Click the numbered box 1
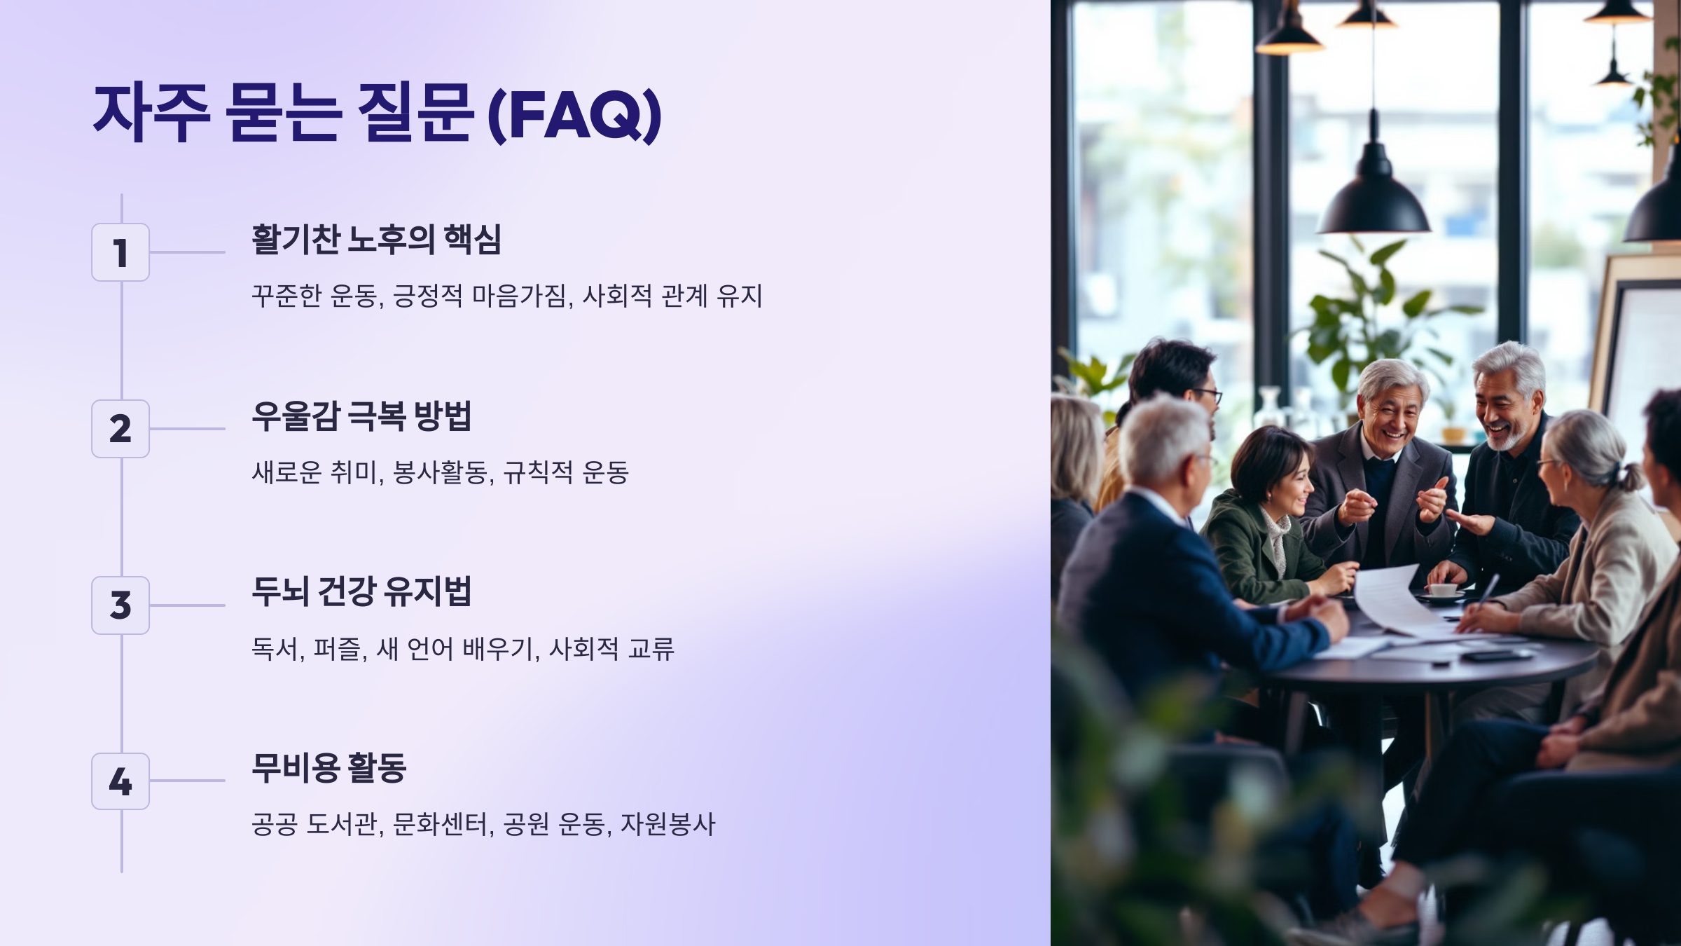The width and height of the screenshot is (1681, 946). [x=120, y=252]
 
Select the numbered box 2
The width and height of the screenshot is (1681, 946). [x=120, y=429]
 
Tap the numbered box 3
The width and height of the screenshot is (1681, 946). [x=120, y=605]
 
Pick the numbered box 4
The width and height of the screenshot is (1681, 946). [x=120, y=781]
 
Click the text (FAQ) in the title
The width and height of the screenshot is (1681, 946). [x=574, y=114]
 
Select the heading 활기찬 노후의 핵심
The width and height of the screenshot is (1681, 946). [x=376, y=240]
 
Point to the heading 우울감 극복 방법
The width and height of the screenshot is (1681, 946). [x=361, y=416]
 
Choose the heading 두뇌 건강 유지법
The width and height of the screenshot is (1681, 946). [x=361, y=592]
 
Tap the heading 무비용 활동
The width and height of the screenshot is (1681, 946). [x=329, y=768]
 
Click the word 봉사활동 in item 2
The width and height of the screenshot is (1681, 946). [x=439, y=473]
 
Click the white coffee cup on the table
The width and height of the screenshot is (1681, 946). [x=1443, y=590]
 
